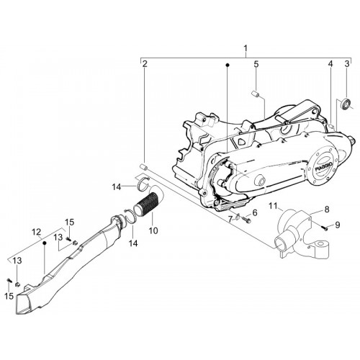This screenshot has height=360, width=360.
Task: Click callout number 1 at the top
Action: click(246, 48)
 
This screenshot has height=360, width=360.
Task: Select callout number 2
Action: click(144, 64)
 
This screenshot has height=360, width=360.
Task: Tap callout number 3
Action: click(347, 64)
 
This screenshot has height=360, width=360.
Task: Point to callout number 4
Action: click(330, 64)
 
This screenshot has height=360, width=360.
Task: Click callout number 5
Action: click(256, 64)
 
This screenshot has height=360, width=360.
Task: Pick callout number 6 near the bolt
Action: click(255, 212)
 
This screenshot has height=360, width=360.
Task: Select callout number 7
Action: click(230, 219)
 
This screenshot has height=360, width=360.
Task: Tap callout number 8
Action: click(327, 210)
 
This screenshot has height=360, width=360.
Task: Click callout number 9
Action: click(338, 225)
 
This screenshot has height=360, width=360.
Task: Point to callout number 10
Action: click(153, 230)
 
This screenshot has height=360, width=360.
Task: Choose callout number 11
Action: click(273, 206)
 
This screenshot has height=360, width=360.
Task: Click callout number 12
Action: click(37, 232)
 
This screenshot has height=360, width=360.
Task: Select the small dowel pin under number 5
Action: click(254, 93)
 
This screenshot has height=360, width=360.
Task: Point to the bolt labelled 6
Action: click(246, 219)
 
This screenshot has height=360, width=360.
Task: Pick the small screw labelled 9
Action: click(324, 228)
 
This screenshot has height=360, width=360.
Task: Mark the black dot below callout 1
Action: click(228, 65)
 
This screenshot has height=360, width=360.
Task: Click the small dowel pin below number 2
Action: click(143, 166)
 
